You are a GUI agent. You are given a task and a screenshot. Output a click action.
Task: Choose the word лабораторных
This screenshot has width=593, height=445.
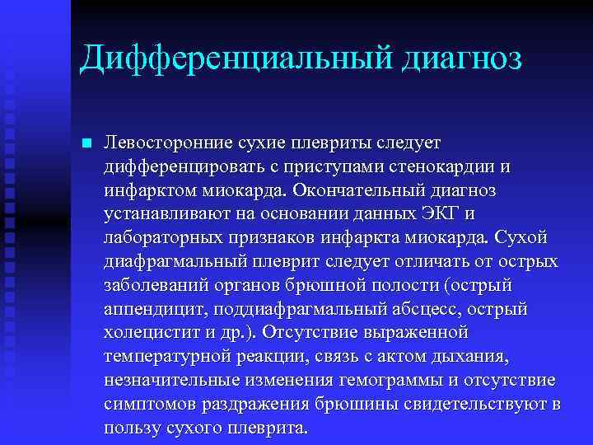pos(164,237)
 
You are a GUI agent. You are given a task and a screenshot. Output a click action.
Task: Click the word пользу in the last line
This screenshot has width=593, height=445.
pos(128,429)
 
